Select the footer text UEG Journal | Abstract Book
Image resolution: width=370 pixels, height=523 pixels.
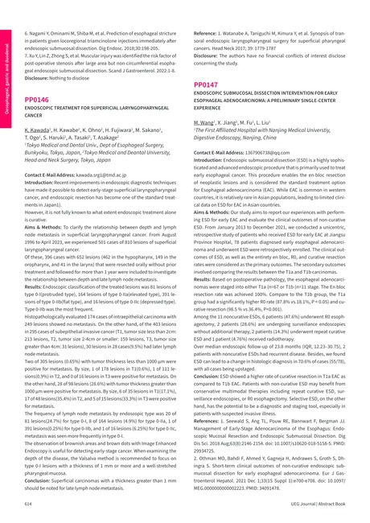pos(319,500)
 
